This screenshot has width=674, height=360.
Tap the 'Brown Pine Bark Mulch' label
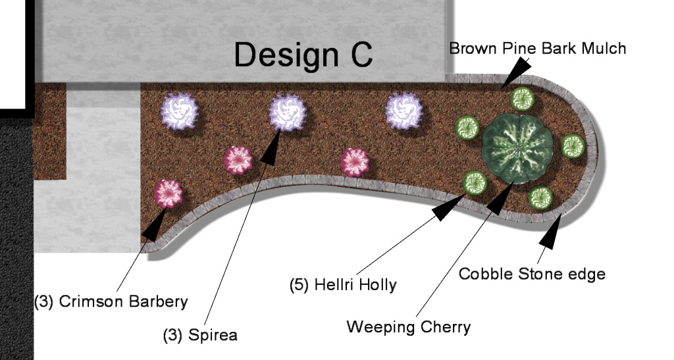point(537,48)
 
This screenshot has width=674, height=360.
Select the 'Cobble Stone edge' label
point(532,273)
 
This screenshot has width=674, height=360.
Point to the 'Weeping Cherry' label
point(408,326)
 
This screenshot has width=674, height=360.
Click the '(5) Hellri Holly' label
point(343,285)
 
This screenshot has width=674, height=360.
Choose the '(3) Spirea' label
point(200,334)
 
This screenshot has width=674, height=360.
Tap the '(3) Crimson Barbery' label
point(111,302)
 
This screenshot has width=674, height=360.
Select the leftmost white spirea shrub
point(180,111)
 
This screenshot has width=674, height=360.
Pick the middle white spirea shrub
point(288,111)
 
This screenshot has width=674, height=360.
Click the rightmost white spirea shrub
point(403,111)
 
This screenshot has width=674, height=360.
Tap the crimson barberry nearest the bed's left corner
point(167,193)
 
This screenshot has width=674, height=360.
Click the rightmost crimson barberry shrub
point(355,161)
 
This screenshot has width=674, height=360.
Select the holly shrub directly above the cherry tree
point(523,99)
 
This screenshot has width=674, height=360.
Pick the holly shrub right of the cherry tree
point(572,145)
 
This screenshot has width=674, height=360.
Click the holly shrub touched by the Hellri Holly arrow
point(473,183)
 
